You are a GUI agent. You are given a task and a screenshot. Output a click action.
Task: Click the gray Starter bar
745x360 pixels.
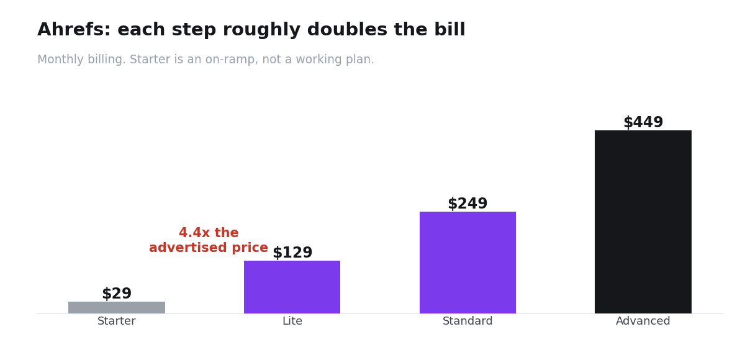117,307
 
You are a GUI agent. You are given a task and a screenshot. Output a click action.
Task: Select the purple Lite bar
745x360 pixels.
292,287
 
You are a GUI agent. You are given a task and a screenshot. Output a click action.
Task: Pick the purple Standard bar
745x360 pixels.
467,263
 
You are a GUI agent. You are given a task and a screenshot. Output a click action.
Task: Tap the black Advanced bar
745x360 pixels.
643,222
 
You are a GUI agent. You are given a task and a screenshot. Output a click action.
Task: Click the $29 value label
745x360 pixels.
117,294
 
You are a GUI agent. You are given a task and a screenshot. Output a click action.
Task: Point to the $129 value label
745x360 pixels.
292,253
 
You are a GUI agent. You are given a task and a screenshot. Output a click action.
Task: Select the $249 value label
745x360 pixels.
467,204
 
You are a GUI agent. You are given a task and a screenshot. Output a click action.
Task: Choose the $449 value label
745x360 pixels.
643,122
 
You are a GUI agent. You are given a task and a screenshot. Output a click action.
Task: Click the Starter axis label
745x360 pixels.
117,321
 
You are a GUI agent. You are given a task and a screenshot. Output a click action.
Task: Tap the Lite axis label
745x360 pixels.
292,321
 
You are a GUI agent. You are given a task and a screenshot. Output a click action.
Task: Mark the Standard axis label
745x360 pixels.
467,321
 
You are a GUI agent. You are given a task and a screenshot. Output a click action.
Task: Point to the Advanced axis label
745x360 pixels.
643,321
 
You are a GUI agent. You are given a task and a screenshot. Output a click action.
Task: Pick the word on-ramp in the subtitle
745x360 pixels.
231,60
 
